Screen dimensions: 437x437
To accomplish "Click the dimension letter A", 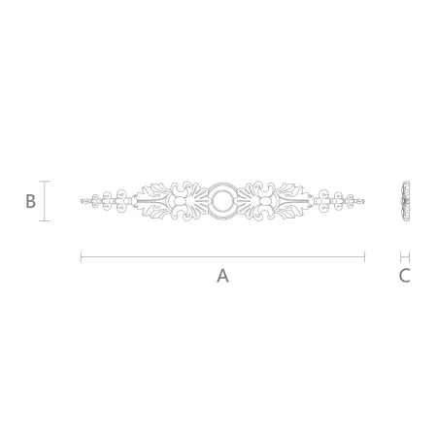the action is (x=222, y=276).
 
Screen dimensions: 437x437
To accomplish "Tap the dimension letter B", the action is (x=30, y=201).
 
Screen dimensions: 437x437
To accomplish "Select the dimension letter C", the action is (x=405, y=276).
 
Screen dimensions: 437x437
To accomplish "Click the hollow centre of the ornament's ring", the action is (x=222, y=201).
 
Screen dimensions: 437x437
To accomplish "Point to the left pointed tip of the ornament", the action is (x=81, y=201).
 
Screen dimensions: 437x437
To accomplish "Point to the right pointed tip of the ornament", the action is (x=364, y=201).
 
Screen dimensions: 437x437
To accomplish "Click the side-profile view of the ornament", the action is (x=406, y=201).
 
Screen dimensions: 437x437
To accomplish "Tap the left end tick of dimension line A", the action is (x=81, y=257).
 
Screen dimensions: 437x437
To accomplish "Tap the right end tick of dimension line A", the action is (x=365, y=257).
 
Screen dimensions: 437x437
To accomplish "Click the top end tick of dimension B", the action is (x=45, y=182).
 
